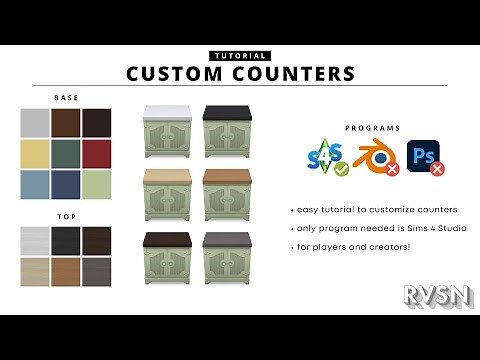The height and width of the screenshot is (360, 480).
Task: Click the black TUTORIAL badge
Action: pos(240,56)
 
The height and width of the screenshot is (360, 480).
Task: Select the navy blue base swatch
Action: pos(66,184)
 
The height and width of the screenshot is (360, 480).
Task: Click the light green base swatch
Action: pos(97,184)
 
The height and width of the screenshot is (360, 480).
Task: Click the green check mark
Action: pos(342,171)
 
